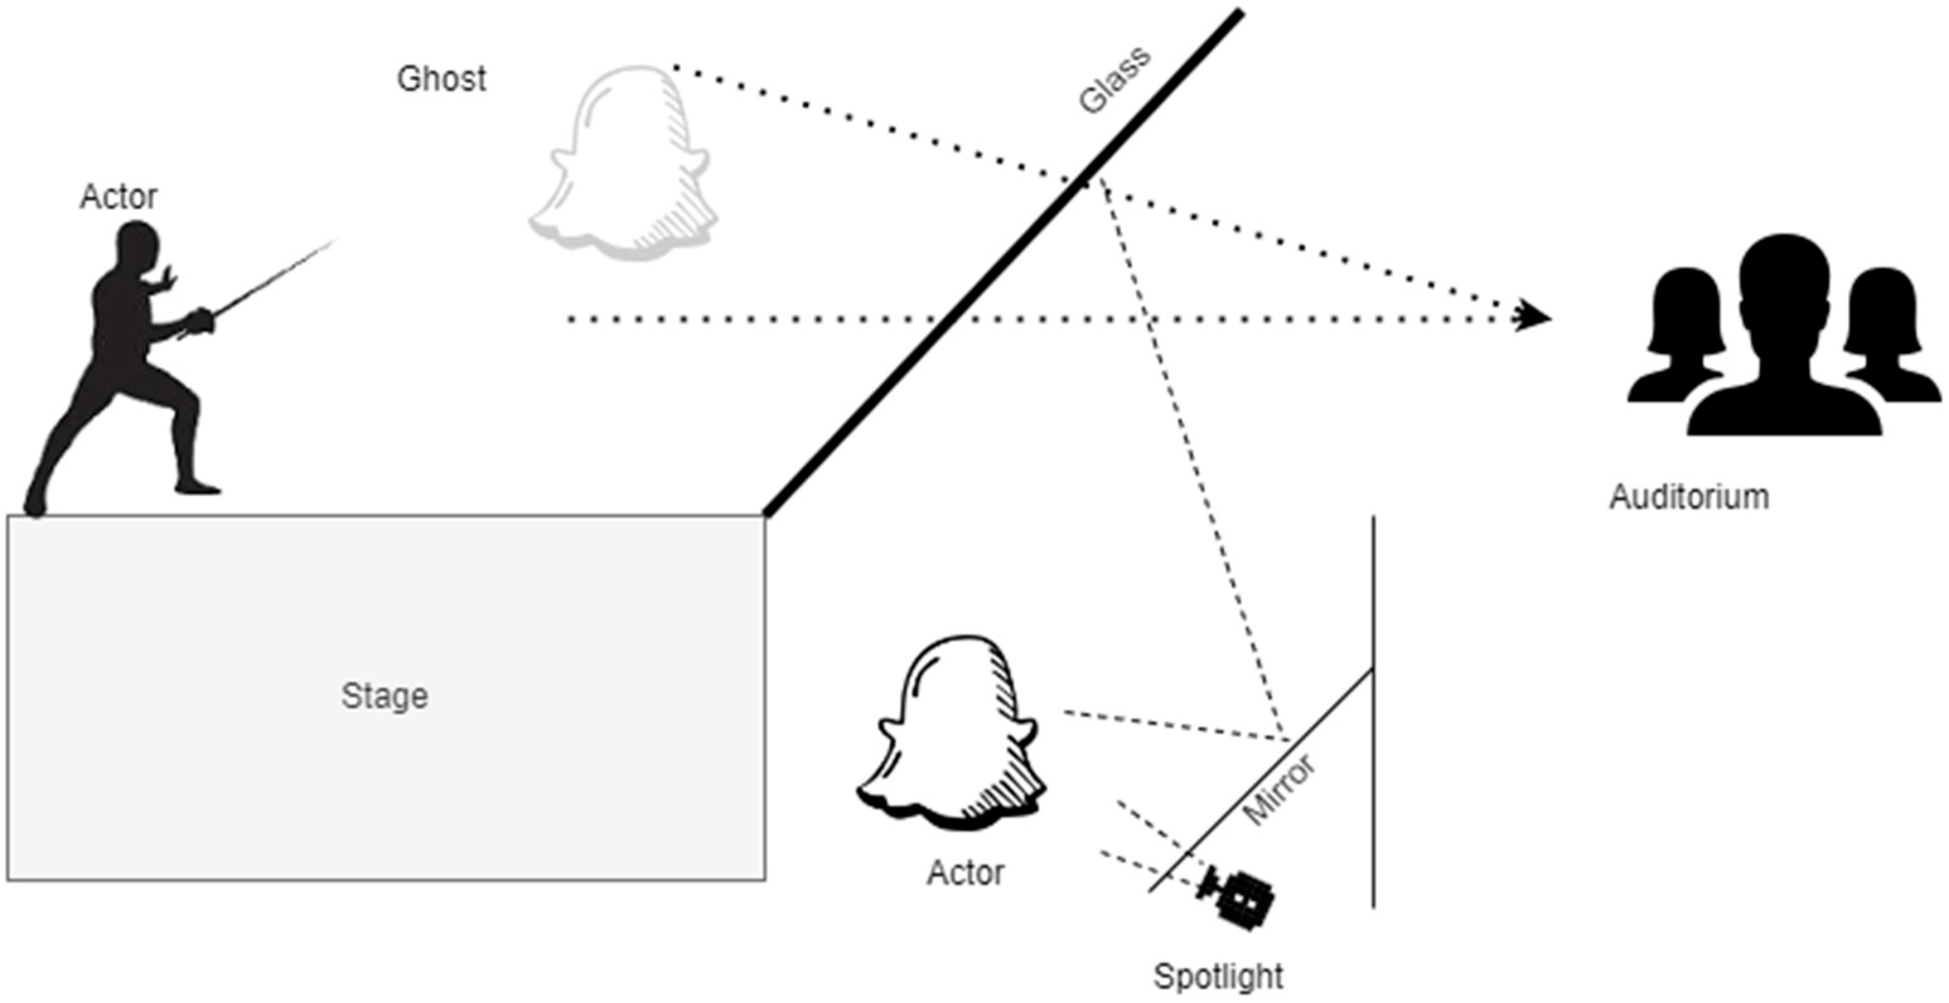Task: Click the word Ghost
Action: [442, 79]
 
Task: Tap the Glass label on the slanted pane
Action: [1114, 79]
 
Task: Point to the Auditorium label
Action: [1689, 497]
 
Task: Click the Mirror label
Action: [1280, 790]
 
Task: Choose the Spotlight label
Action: [1218, 977]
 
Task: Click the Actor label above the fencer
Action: [119, 197]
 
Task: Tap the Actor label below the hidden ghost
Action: [966, 873]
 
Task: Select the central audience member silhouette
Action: [1784, 341]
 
